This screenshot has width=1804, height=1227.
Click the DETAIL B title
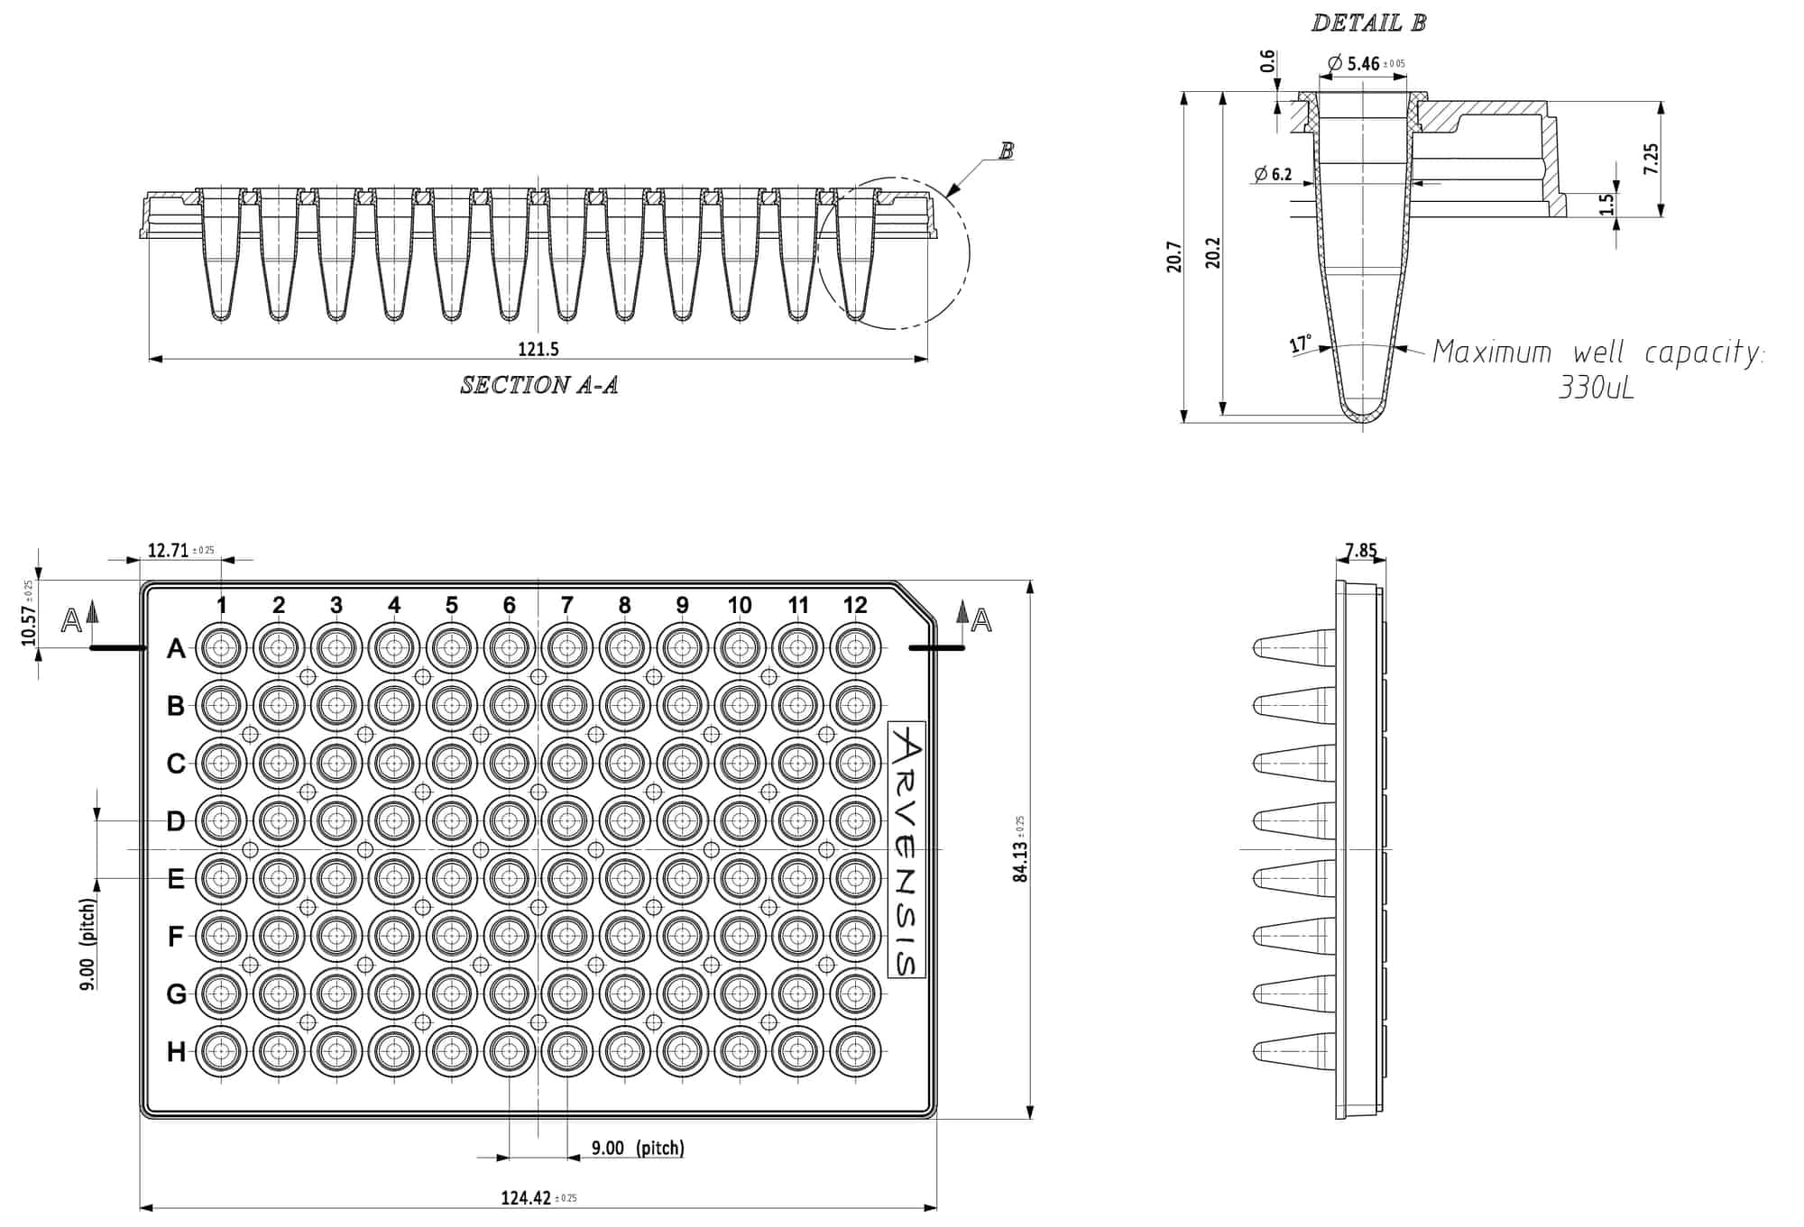(1368, 23)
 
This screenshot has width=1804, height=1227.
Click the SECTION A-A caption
(538, 385)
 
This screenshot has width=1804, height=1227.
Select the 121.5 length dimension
(538, 349)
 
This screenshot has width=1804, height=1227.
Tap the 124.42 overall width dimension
(526, 1198)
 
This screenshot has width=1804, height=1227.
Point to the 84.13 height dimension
(1020, 860)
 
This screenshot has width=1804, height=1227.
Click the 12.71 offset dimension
(168, 550)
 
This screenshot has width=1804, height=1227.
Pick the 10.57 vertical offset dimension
(29, 624)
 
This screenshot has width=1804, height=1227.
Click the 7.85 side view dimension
(1360, 550)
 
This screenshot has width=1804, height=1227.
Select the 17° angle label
(1300, 344)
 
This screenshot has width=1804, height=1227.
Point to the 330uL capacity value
(1596, 389)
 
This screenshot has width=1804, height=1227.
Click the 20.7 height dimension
(1174, 256)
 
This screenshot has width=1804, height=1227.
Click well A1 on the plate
(221, 647)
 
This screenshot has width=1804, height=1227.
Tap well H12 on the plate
(854, 1051)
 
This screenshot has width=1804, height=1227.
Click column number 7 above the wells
(566, 605)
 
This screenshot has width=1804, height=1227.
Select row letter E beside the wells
(176, 878)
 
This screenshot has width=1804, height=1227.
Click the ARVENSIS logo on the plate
(907, 849)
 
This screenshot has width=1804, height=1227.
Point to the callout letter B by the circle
(1006, 151)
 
